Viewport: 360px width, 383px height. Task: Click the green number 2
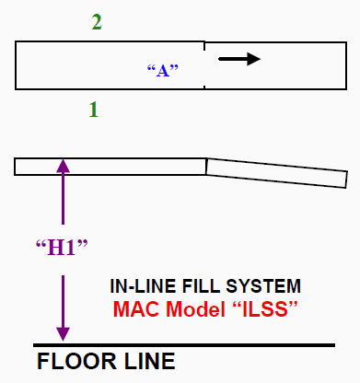97,22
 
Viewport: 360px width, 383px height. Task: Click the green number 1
94,110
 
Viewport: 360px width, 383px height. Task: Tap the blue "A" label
163,71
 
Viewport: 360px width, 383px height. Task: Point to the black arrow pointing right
239,59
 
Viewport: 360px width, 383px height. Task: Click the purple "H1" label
62,248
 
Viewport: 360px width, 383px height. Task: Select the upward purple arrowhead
63,166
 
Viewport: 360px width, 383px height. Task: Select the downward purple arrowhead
63,334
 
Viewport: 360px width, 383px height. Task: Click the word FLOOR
76,362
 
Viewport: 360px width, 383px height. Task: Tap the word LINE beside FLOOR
149,362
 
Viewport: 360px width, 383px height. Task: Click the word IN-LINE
143,286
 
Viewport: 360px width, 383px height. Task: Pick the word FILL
201,286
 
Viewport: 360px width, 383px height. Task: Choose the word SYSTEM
263,286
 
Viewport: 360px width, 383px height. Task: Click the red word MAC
137,308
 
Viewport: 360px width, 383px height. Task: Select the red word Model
196,308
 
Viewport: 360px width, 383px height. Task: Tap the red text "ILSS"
265,308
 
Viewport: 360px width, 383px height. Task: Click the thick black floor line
184,345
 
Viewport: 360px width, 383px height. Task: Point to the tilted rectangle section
276,173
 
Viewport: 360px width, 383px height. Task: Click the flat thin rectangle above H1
110,167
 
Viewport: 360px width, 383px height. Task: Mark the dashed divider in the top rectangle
204,65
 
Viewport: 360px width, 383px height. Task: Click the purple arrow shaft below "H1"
63,301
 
